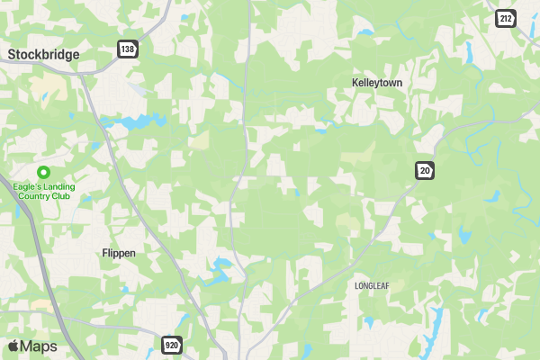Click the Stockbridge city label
pos(43,55)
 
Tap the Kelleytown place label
pos(376,82)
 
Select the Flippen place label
pos(119,253)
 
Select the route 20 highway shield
pos(424,170)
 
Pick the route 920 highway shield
pos(172,345)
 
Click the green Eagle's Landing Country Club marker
pos(43,172)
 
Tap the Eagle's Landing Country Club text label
pos(43,192)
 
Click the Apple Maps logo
pos(32,346)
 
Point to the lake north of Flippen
pos(134,121)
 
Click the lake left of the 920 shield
pos(216,269)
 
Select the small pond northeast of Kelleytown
pos(364,33)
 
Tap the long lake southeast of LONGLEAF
pos(433,328)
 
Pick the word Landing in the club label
pos(56,187)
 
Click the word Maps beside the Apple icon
pos(40,346)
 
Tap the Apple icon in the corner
pos(13,346)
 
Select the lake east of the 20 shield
pos(464,237)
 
